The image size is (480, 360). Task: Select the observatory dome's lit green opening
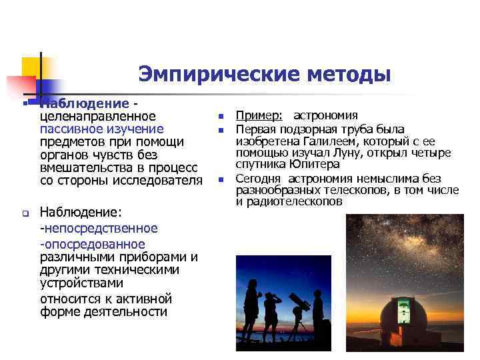[x=402, y=311]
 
